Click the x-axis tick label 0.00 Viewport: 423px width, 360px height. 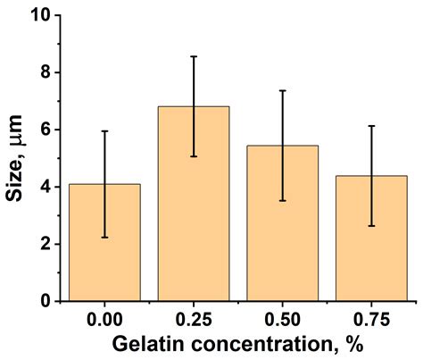tap(104, 319)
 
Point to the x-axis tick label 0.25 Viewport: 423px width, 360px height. tap(194, 319)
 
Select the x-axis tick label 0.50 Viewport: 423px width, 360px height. tap(282, 319)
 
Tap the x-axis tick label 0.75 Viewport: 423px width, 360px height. tap(371, 319)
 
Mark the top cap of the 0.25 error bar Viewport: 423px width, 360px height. tap(194, 56)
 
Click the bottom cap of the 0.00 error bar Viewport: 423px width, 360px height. tap(104, 238)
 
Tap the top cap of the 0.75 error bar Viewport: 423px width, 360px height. tap(371, 126)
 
